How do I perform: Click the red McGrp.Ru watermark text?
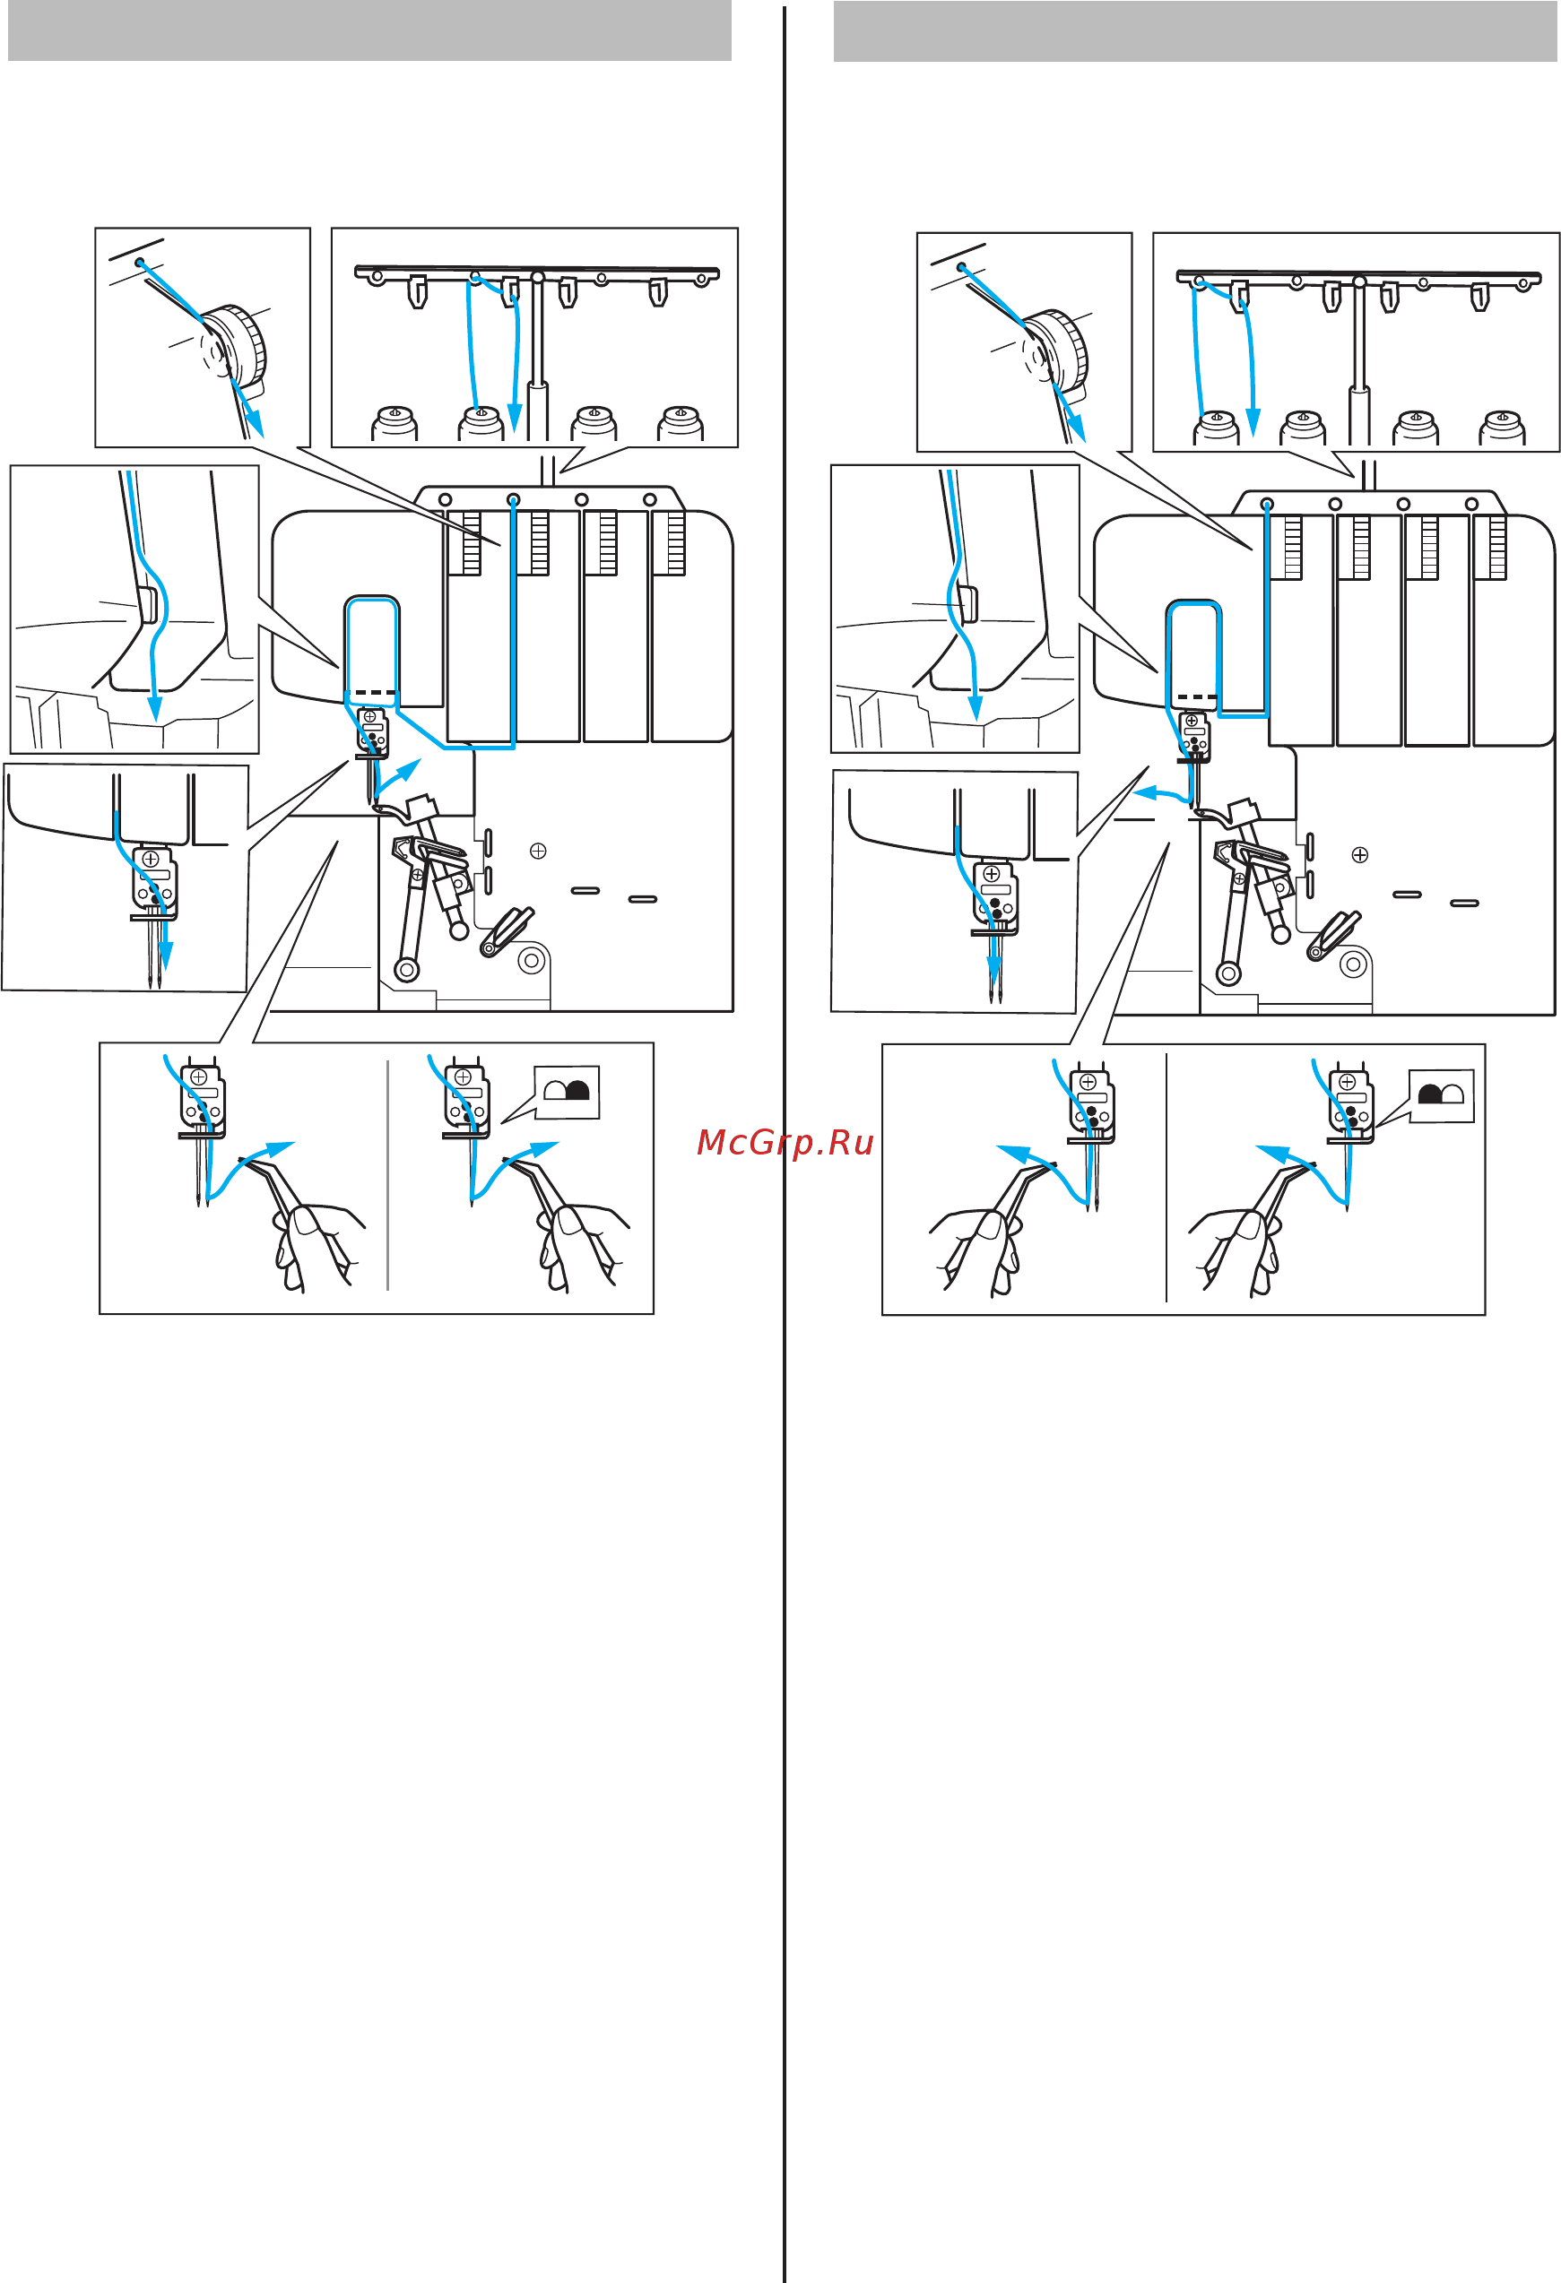coord(784,1143)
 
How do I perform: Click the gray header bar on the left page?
coord(369,30)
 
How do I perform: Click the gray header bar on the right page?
coord(1194,30)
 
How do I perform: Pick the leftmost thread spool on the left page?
coord(395,424)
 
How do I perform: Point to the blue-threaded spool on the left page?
coord(481,424)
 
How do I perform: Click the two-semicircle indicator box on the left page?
coord(567,1093)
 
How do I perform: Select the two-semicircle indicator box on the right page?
coord(1441,1096)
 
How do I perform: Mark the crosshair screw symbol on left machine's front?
coord(537,851)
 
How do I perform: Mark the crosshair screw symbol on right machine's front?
coord(1359,854)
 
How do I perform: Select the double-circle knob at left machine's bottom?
coord(532,960)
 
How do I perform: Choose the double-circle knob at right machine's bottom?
coord(1354,964)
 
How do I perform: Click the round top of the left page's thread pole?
coord(537,277)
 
